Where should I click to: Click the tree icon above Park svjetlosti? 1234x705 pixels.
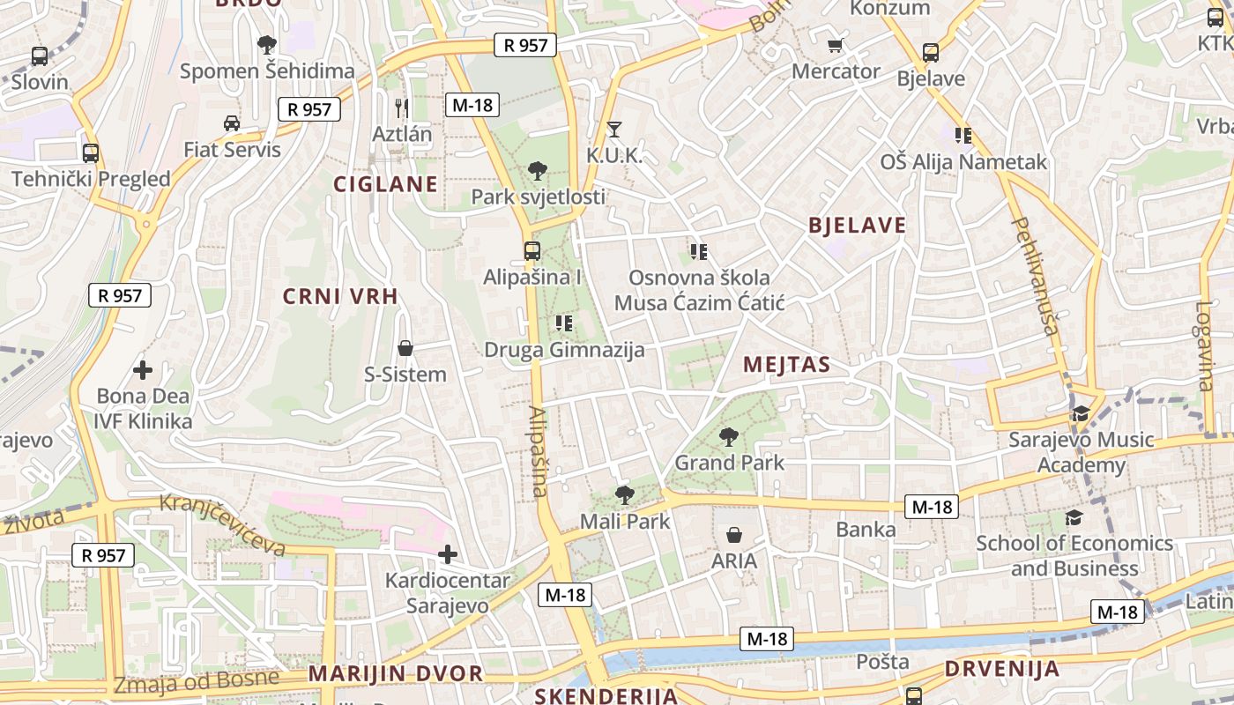(537, 171)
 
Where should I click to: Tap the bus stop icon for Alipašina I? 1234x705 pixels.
(532, 251)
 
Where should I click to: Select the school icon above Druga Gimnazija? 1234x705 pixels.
(564, 324)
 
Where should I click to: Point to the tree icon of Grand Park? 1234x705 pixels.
(728, 436)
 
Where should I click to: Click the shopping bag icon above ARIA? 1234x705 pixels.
(733, 535)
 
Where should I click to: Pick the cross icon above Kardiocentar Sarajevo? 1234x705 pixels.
(448, 554)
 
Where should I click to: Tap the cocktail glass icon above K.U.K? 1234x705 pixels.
(614, 130)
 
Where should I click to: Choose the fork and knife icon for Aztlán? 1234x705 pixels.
(402, 108)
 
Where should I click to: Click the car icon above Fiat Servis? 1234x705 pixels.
(232, 123)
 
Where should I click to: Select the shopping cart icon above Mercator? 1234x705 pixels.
(835, 45)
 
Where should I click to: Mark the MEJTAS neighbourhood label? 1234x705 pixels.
(786, 364)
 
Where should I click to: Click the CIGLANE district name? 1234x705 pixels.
(385, 184)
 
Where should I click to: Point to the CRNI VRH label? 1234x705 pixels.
(340, 296)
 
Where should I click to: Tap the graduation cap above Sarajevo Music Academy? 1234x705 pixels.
(1080, 413)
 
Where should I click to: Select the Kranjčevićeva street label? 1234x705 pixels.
(223, 525)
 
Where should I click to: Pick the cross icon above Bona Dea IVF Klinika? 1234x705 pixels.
(142, 370)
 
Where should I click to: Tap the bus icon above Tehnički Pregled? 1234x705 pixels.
(90, 153)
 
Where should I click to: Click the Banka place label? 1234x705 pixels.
(866, 530)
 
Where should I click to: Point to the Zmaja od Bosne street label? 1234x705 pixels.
(197, 681)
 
